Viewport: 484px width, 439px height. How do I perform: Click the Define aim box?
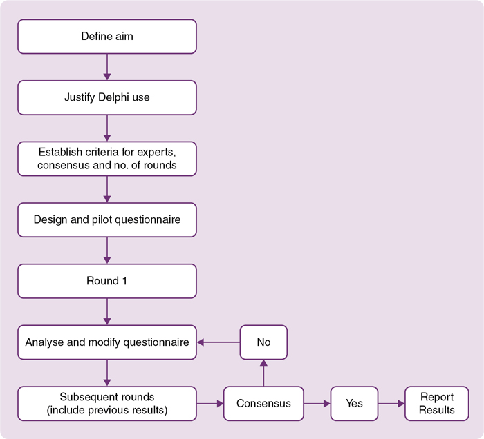[107, 37]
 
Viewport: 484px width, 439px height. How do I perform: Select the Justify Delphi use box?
[107, 97]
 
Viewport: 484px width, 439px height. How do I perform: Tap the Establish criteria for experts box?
[107, 159]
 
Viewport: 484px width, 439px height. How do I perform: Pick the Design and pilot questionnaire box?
[107, 220]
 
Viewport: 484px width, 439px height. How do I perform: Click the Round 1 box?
[107, 281]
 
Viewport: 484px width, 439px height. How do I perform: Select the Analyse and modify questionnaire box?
[107, 342]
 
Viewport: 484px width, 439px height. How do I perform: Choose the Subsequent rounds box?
[107, 403]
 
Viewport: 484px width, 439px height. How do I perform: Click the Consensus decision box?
[263, 403]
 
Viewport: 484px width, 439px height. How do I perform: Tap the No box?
[263, 342]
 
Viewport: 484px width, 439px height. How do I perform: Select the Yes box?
[353, 403]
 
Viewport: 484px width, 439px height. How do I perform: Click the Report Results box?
[437, 403]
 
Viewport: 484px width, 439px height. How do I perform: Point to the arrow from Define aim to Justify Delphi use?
[107, 67]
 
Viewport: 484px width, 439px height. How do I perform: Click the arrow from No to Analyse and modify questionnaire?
[218, 342]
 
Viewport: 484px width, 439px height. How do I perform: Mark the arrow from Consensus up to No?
[263, 373]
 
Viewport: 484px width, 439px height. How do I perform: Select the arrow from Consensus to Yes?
[317, 403]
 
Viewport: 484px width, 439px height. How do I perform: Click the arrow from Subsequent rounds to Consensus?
[210, 403]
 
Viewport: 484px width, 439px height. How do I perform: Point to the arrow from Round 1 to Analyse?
[107, 311]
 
